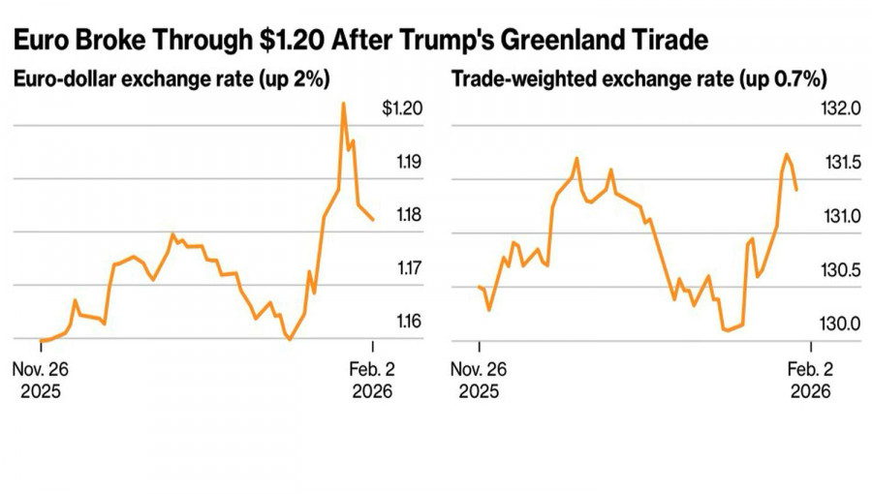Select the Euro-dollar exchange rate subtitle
coord(173,79)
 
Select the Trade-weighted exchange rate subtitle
coord(638,79)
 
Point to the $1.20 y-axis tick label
coord(401,108)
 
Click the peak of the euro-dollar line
coord(343,103)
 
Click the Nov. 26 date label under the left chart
coord(40,370)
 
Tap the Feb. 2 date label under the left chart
coord(370,370)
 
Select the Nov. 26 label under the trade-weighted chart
coord(479,370)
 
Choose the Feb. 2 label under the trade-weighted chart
coord(809,370)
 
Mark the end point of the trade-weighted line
coord(796,190)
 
